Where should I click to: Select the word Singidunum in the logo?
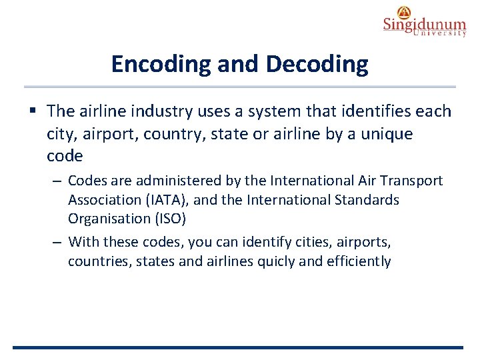coord(424,25)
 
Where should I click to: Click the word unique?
coord(389,134)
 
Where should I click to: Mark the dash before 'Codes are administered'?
coord(59,181)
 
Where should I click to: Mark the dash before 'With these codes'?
coord(59,241)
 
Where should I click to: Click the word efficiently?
coord(359,261)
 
